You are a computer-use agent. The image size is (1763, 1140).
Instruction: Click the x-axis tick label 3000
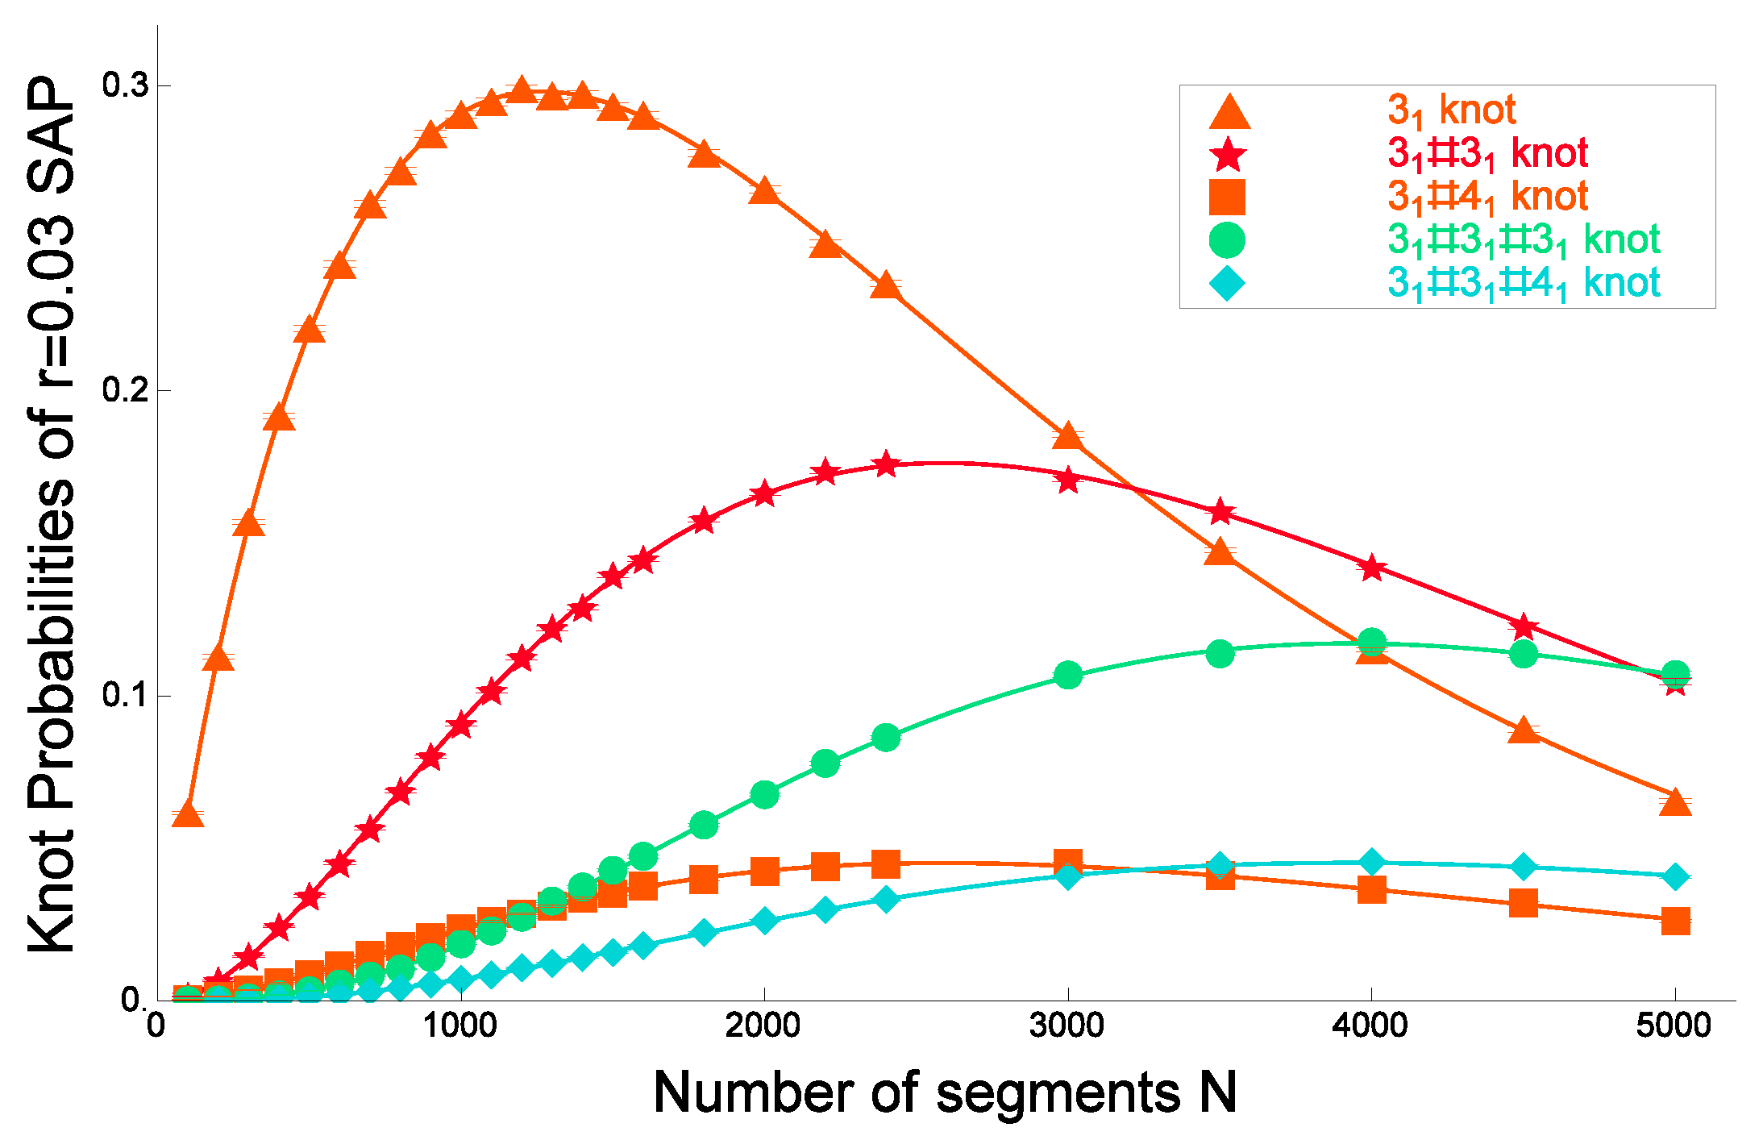pyautogui.click(x=1067, y=1026)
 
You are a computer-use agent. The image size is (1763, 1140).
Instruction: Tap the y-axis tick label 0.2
pyautogui.click(x=126, y=389)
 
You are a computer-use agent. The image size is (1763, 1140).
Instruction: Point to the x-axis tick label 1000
pyautogui.click(x=459, y=1026)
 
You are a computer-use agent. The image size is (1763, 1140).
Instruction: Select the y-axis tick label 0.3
pyautogui.click(x=126, y=85)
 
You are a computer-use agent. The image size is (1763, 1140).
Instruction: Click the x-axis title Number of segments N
pyautogui.click(x=944, y=1093)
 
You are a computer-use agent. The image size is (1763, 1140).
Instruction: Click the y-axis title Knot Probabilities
pyautogui.click(x=52, y=516)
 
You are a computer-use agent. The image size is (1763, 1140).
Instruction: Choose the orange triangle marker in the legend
pyautogui.click(x=1229, y=112)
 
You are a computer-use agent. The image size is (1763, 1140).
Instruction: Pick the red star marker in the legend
pyautogui.click(x=1228, y=154)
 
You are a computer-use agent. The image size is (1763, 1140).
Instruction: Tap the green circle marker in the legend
pyautogui.click(x=1227, y=239)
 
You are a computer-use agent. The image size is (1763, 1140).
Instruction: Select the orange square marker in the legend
pyautogui.click(x=1227, y=197)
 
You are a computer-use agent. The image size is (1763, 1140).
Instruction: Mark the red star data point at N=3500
pyautogui.click(x=1220, y=511)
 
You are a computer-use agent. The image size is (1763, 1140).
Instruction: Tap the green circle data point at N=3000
pyautogui.click(x=1067, y=675)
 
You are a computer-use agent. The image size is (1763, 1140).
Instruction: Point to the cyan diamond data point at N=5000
pyautogui.click(x=1675, y=876)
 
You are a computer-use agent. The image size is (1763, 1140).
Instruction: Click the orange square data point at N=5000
pyautogui.click(x=1675, y=920)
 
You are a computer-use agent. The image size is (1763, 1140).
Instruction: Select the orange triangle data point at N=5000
pyautogui.click(x=1675, y=803)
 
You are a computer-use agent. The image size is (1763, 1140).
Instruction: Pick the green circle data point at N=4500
pyautogui.click(x=1523, y=653)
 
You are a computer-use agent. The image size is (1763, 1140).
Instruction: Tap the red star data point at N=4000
pyautogui.click(x=1371, y=568)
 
